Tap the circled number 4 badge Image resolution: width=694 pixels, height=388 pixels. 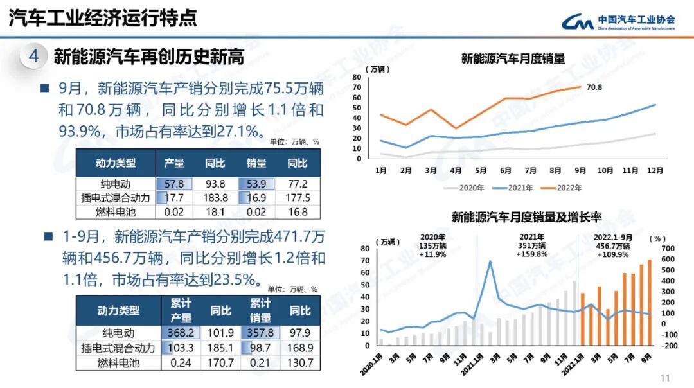click(x=33, y=57)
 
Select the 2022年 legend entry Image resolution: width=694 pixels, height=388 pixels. click(x=565, y=188)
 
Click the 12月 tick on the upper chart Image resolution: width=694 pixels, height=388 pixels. click(x=655, y=171)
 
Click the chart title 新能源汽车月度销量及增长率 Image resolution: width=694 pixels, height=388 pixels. click(x=526, y=217)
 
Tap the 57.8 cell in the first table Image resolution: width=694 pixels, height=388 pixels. click(x=174, y=184)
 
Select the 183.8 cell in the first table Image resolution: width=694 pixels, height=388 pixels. click(x=215, y=198)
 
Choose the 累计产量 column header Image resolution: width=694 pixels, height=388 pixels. click(x=181, y=310)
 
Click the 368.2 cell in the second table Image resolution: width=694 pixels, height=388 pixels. click(x=181, y=333)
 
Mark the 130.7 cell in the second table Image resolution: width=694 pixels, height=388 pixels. click(x=299, y=363)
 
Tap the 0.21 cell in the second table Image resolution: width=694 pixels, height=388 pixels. click(x=260, y=363)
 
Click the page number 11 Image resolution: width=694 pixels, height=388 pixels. click(x=665, y=378)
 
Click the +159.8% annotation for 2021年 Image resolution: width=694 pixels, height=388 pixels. click(x=531, y=254)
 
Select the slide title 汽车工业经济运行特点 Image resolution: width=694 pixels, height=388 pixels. click(x=103, y=18)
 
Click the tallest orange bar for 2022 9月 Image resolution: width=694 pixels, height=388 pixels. click(x=649, y=302)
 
